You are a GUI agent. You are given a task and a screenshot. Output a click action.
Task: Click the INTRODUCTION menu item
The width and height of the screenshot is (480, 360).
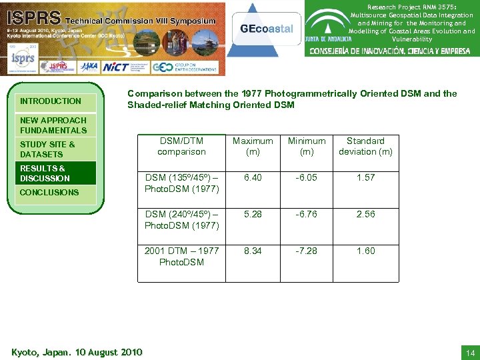(51, 101)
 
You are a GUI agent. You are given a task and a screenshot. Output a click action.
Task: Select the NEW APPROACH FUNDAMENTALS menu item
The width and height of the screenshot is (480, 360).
(53, 125)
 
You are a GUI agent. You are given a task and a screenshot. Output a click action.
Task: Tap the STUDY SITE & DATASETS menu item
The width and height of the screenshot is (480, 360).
(48, 149)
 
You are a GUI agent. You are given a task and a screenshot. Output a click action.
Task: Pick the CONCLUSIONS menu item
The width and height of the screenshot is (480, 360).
(49, 193)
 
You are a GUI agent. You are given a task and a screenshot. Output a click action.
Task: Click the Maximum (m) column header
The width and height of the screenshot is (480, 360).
(253, 146)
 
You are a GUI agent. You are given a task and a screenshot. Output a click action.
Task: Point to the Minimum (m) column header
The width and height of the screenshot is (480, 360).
(307, 146)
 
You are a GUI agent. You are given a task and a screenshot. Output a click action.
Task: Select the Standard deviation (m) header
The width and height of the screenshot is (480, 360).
(365, 146)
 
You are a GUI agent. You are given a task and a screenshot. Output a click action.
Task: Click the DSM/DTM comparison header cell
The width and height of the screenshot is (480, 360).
(181, 146)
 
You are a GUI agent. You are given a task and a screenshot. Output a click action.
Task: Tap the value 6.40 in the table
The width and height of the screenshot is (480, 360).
(253, 177)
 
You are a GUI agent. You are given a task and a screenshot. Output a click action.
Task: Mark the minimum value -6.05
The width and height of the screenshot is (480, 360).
(307, 177)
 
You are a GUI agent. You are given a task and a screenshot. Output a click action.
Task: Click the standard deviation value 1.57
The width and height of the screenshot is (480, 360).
(365, 177)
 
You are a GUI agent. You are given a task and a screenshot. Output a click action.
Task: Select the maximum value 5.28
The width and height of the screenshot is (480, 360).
(253, 214)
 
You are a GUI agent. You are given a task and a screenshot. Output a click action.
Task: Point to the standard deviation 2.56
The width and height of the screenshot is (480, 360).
(365, 214)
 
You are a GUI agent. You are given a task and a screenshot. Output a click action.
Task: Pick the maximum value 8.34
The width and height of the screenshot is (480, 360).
(253, 251)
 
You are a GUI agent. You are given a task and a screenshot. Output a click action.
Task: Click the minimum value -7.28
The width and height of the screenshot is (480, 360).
(307, 251)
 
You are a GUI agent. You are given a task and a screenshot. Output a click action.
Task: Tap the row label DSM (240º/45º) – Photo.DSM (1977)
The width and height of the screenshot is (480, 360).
(181, 220)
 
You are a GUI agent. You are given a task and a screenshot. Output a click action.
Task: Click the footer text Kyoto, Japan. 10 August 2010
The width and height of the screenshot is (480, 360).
(77, 351)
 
